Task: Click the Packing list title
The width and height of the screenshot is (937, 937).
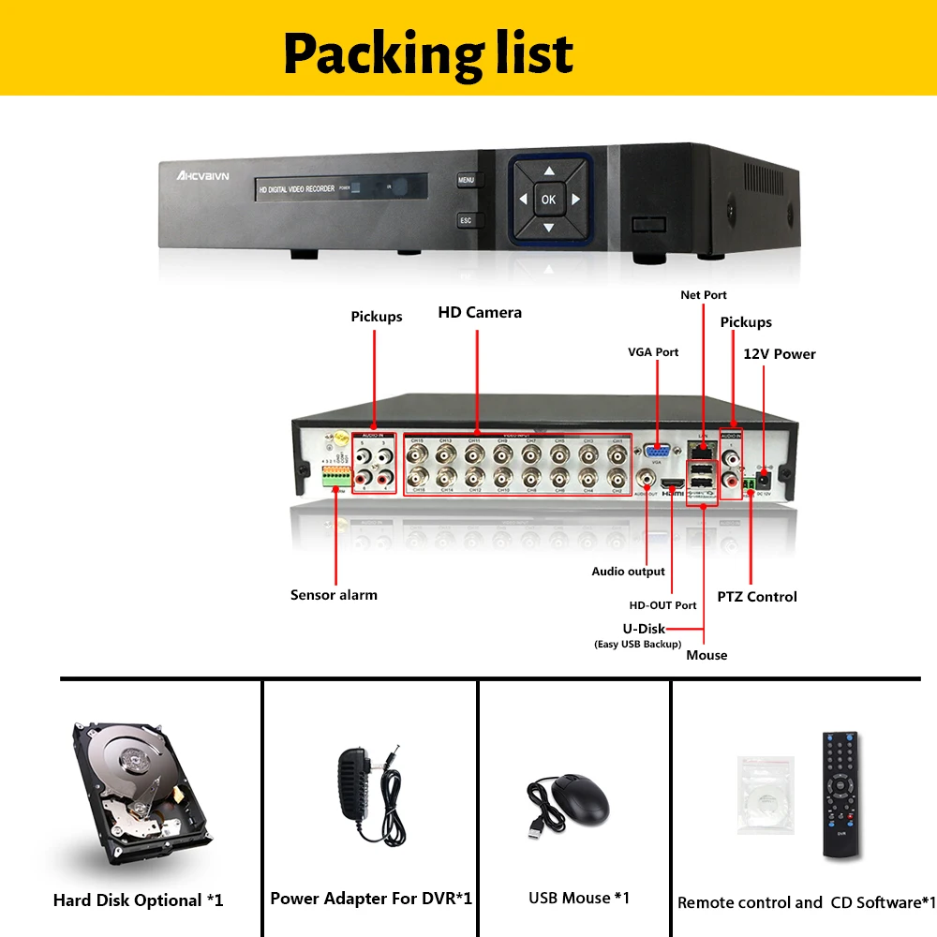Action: [x=428, y=52]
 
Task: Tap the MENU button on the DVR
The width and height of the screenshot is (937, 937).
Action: [x=467, y=179]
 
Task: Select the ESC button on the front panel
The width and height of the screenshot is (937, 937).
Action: [x=466, y=221]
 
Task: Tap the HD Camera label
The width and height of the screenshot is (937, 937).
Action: [x=480, y=312]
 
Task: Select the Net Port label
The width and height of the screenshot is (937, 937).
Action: [x=704, y=295]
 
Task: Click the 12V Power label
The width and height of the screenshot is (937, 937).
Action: [x=780, y=354]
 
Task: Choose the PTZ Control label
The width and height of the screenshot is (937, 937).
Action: [x=757, y=597]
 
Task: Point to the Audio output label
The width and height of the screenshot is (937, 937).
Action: [x=628, y=572]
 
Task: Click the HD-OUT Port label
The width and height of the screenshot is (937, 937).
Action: [x=662, y=605]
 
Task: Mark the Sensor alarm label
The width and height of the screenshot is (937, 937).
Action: [x=334, y=594]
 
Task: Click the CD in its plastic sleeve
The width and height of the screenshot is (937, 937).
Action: [x=766, y=796]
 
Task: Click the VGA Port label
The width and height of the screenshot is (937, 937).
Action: [x=653, y=352]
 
